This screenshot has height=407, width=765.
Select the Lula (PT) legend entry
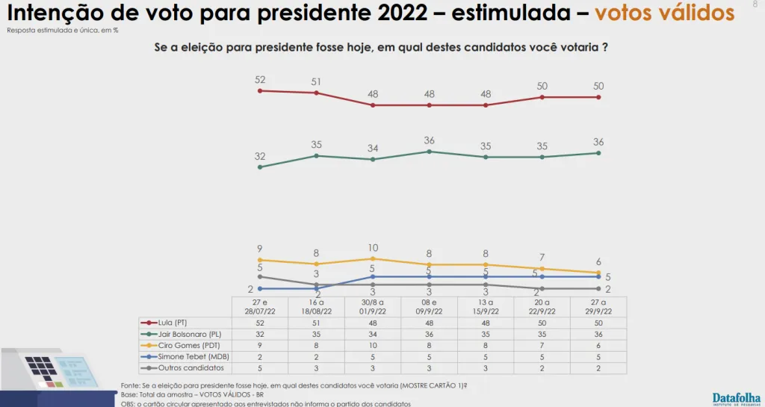click(170, 322)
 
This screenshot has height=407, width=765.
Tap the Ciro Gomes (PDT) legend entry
click(178, 346)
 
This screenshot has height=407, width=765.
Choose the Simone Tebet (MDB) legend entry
click(182, 357)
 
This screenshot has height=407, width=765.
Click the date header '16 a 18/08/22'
click(316, 305)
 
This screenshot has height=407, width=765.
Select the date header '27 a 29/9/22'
click(598, 305)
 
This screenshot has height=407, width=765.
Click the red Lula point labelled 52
click(260, 90)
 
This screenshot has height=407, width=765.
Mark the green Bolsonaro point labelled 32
click(260, 167)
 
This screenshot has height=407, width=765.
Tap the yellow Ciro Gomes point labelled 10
click(373, 258)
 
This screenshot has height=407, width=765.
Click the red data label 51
click(316, 82)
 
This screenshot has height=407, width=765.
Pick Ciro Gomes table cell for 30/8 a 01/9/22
click(373, 346)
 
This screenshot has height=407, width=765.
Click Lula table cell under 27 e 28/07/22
click(259, 322)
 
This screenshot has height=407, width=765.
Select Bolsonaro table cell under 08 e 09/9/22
click(429, 334)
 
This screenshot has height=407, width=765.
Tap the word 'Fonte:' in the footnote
click(131, 385)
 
